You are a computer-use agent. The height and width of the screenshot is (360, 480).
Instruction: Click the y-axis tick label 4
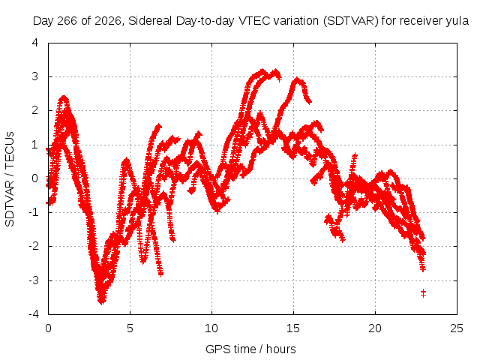[x=35, y=43]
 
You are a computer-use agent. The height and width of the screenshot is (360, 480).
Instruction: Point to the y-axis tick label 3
[x=35, y=76]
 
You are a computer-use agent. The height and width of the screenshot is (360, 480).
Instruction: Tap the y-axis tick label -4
[x=33, y=314]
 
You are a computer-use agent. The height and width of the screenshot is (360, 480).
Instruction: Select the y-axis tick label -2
[x=33, y=246]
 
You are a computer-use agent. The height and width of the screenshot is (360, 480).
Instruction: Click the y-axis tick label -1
[x=33, y=212]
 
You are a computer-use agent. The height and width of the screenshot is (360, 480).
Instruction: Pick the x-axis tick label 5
[x=130, y=328]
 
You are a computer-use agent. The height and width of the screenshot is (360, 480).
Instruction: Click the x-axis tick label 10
[x=211, y=328]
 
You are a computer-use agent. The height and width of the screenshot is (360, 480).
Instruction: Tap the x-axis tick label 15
[x=293, y=328]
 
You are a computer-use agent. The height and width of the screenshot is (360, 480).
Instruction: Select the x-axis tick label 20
[x=375, y=328]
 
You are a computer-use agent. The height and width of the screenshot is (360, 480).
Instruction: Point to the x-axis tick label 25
[x=457, y=328]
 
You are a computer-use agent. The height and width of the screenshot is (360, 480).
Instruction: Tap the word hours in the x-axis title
[x=281, y=349]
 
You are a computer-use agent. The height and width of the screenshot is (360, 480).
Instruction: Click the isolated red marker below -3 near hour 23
[x=423, y=293]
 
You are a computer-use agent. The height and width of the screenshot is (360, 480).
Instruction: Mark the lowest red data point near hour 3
[x=102, y=301]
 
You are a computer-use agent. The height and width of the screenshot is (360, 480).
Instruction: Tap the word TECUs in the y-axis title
[x=10, y=150]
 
